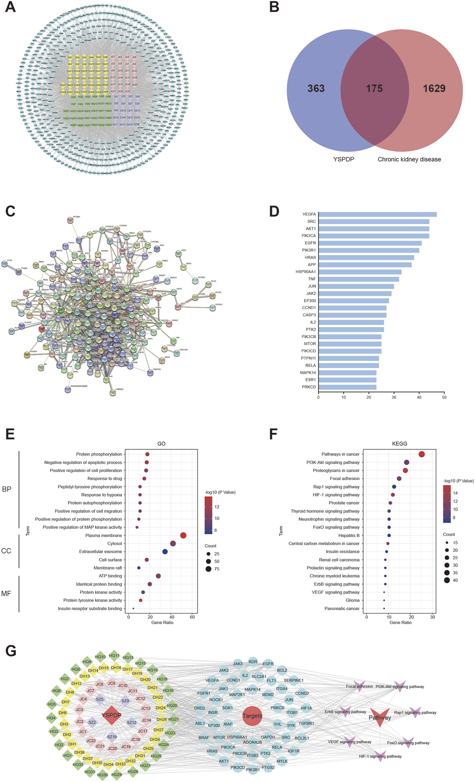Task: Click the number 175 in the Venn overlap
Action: pyautogui.click(x=374, y=89)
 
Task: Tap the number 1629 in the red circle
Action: pyautogui.click(x=434, y=89)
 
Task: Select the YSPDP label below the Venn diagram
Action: pyautogui.click(x=343, y=159)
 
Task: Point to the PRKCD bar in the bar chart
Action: pyautogui.click(x=347, y=387)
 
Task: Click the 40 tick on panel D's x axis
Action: pyautogui.click(x=419, y=397)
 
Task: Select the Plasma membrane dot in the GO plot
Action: pyautogui.click(x=183, y=535)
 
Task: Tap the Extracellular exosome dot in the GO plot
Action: pyautogui.click(x=165, y=552)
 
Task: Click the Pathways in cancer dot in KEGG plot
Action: pyautogui.click(x=422, y=454)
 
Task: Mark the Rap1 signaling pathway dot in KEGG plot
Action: pyautogui.click(x=394, y=487)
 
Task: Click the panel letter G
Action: pyautogui.click(x=11, y=651)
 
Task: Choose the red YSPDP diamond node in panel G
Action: pyautogui.click(x=111, y=715)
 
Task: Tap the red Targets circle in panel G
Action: pyautogui.click(x=252, y=716)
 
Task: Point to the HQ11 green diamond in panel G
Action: pyautogui.click(x=114, y=656)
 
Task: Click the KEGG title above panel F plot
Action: pyautogui.click(x=399, y=444)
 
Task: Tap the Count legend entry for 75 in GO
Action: pyautogui.click(x=208, y=569)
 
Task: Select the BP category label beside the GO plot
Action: pyautogui.click(x=7, y=489)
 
